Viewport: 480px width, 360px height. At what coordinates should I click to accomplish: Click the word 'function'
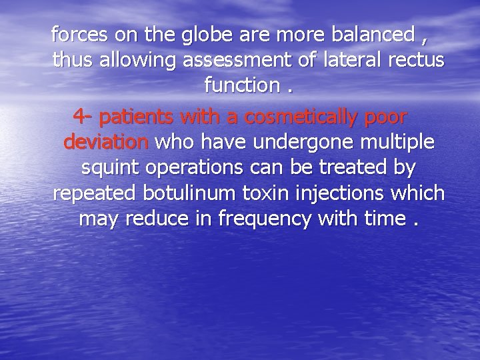pos(241,86)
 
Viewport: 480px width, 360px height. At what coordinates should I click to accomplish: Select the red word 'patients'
pos(136,117)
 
